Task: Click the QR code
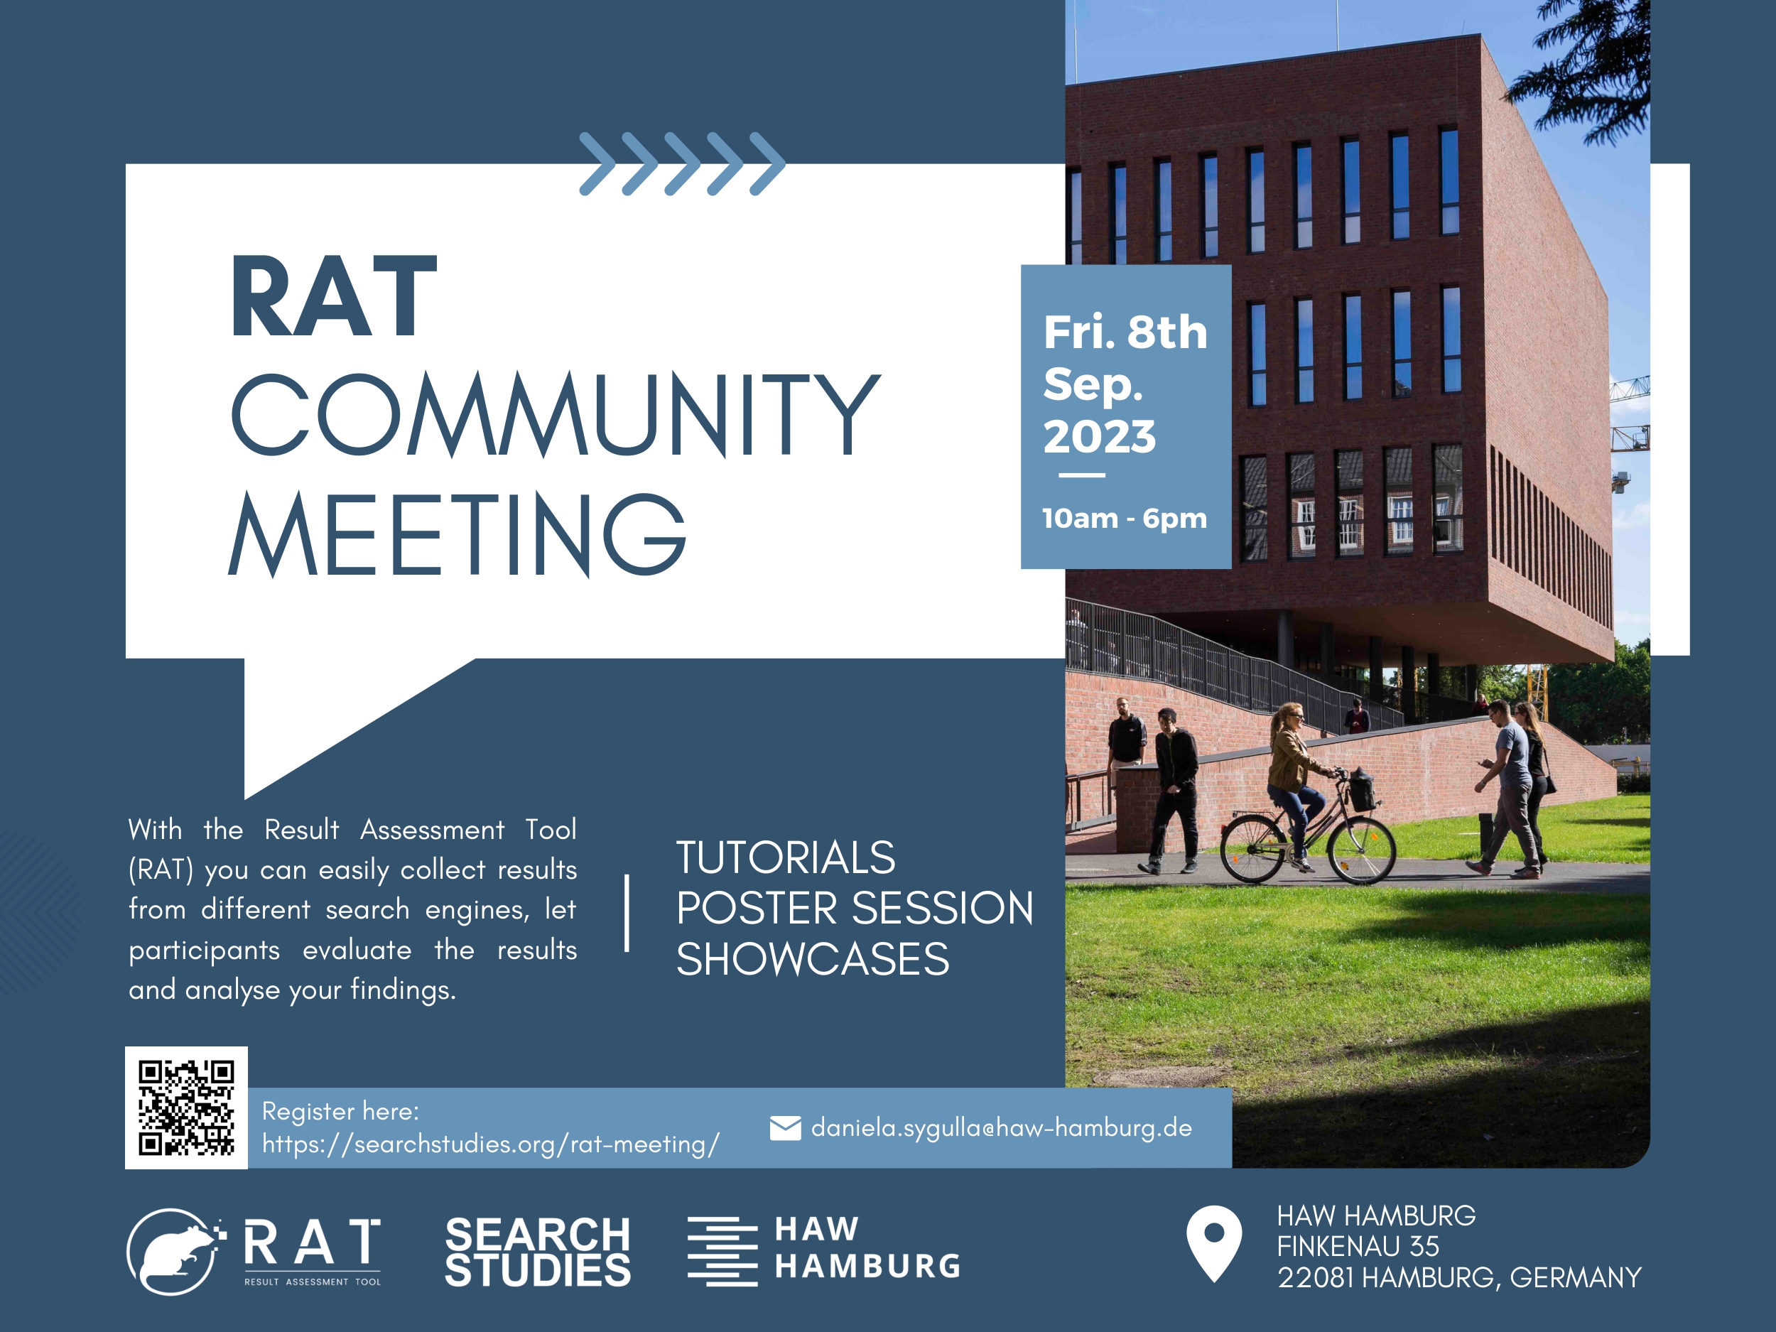point(186,1108)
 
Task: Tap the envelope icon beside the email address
point(785,1128)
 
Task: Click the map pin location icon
point(1214,1243)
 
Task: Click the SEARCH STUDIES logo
point(538,1252)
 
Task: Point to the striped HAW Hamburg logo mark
point(722,1252)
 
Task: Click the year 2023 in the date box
point(1099,436)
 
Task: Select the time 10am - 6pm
point(1124,518)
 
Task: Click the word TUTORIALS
point(785,857)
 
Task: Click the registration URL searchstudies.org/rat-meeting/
point(491,1143)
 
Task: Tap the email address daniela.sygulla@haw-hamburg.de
point(1001,1127)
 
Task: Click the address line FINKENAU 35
point(1358,1246)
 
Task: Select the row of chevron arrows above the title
point(683,164)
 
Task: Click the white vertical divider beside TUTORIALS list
point(627,913)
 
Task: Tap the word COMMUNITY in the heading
point(556,414)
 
